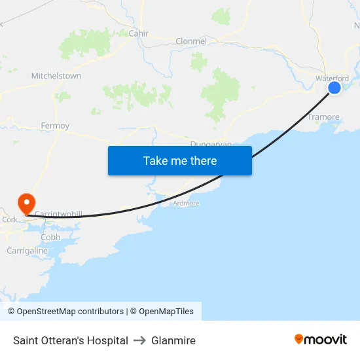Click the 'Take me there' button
[180, 161]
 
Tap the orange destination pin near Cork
[27, 202]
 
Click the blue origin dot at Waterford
[334, 87]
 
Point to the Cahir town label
[139, 33]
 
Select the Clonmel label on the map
[191, 41]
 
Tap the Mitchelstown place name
[56, 76]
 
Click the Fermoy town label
[55, 126]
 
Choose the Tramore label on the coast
[323, 117]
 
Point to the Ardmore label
[186, 204]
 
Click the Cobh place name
[50, 237]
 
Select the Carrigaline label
[27, 251]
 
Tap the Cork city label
[10, 220]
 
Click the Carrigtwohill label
[58, 214]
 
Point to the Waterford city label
[332, 79]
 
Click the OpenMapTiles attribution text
[166, 312]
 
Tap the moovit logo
[320, 340]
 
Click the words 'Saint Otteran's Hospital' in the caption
[71, 340]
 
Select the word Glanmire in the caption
[173, 340]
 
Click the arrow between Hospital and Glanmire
[139, 340]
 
